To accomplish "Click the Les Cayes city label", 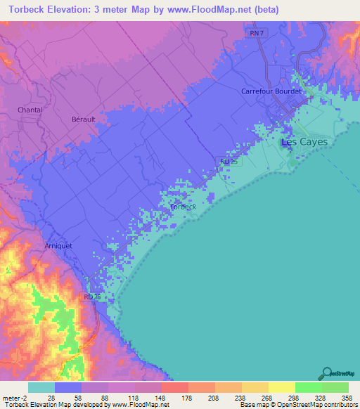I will [304, 142].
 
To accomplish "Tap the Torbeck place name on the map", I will [184, 207].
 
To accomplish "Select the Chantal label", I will [30, 110].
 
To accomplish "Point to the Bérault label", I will [83, 119].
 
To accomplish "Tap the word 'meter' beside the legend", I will [10, 398].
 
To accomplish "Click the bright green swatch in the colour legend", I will [308, 387].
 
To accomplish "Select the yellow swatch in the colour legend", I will [281, 387].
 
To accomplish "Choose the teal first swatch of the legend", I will [41, 387].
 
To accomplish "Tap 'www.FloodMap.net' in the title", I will [214, 10].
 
